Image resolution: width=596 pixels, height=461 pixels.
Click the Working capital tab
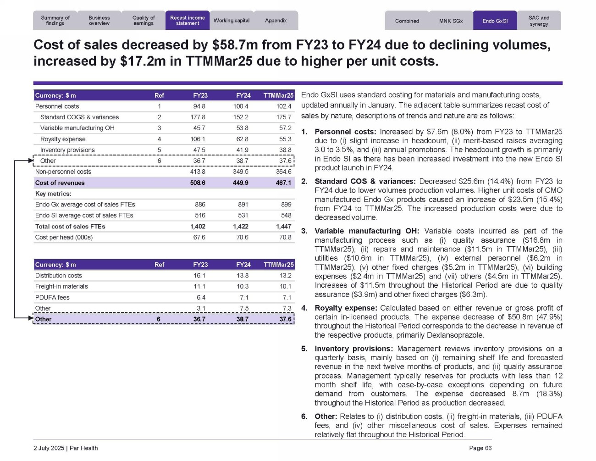tap(231, 21)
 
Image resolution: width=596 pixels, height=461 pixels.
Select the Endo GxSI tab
tap(495, 21)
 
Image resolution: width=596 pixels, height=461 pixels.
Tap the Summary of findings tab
tap(55, 21)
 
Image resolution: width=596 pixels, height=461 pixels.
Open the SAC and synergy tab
tap(539, 21)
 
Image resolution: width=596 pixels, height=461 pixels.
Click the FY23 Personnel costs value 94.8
tap(199, 106)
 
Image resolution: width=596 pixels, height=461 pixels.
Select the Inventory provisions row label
tap(67, 150)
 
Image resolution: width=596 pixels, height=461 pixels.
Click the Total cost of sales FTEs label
tap(70, 226)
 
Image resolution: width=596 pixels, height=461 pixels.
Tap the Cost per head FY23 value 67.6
tap(199, 237)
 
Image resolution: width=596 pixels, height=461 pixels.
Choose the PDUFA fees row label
tap(52, 297)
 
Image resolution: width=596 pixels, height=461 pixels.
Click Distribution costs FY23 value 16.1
tap(199, 276)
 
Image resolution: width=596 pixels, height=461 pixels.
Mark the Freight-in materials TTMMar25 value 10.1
tap(285, 286)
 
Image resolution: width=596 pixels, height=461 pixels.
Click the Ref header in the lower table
tap(159, 265)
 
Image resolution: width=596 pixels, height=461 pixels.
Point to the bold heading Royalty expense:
tap(346, 308)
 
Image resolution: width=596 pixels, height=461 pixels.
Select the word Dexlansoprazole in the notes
tap(455, 335)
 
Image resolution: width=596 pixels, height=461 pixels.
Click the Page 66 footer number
tap(480, 448)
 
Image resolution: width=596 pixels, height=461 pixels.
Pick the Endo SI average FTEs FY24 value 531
tap(243, 215)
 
